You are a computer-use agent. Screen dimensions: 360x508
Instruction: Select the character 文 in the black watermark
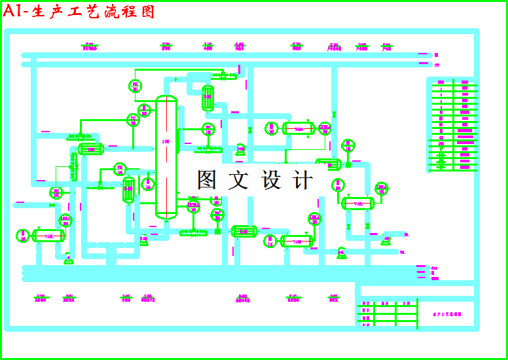point(238,180)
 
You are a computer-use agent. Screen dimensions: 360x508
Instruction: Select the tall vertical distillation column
point(166,157)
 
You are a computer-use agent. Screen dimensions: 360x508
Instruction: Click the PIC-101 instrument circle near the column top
point(136,86)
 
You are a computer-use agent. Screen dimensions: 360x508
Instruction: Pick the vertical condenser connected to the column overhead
point(208,98)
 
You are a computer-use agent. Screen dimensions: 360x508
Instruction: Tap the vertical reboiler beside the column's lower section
point(129,190)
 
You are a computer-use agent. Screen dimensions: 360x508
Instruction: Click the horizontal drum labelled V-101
point(48,236)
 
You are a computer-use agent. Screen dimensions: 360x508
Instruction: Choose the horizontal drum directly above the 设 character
point(298,128)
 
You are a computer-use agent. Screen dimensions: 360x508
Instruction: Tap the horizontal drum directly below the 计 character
point(297,241)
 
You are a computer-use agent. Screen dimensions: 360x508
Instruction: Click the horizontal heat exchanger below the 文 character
point(244,230)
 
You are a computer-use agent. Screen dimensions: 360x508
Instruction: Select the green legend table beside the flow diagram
point(452,124)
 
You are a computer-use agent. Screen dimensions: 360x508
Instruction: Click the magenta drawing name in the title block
point(447,314)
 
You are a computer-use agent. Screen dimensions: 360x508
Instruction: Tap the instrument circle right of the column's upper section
point(208,129)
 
